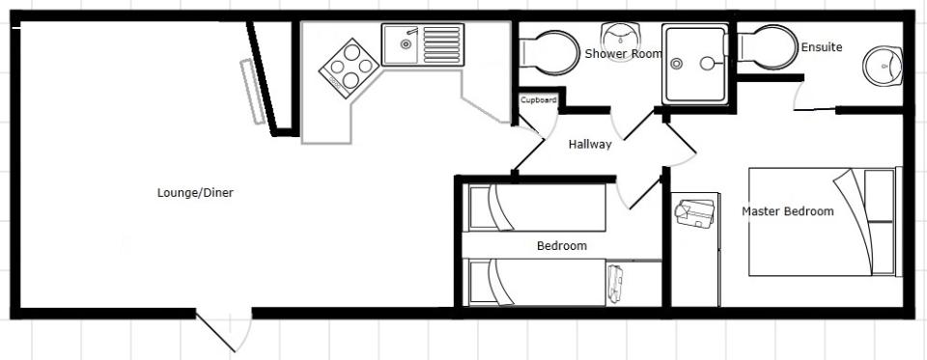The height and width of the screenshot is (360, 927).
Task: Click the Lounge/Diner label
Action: point(195,193)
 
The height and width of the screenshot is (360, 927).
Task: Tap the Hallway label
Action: point(590,144)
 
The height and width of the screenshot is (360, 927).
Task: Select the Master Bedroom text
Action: point(788,211)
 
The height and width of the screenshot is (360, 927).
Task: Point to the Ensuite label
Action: point(821,47)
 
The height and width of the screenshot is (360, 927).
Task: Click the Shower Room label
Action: point(624,54)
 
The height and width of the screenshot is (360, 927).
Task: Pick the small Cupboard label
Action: point(538,100)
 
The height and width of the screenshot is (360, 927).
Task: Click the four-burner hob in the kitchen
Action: point(349,68)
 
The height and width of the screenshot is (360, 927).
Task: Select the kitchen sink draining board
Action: point(441,44)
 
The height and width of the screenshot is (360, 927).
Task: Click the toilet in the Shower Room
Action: point(548,53)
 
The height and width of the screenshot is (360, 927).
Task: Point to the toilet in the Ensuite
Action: point(768,47)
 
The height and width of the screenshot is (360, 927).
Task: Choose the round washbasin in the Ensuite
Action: point(883,66)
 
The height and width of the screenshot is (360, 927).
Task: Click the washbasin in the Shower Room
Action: point(620,35)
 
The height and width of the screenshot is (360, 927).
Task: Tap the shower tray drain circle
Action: point(677,64)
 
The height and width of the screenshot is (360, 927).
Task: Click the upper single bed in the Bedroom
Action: point(537,207)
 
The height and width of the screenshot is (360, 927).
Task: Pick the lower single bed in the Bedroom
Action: point(537,282)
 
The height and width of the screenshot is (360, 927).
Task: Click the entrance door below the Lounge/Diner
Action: point(223,331)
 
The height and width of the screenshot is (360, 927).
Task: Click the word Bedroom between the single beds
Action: point(562,246)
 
